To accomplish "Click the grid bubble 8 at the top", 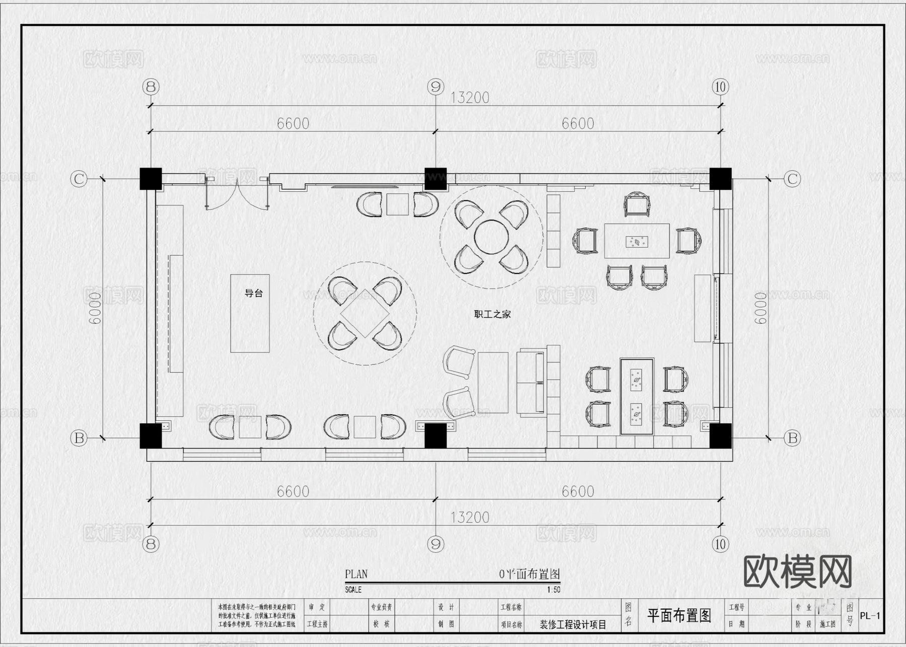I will coord(150,87).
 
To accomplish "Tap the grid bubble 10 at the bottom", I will coord(720,544).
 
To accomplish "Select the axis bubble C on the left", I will coord(79,179).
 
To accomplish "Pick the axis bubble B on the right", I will coord(792,438).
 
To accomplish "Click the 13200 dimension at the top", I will coord(469,98).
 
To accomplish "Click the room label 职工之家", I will coord(492,314).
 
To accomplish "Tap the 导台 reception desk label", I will coord(253,293).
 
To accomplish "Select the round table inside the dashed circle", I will coord(492,237).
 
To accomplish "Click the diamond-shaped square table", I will coord(365,313).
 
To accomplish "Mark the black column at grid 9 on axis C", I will coord(435,178).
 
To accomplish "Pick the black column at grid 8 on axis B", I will coord(150,436).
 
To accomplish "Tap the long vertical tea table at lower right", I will coord(637,396).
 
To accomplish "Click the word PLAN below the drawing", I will coord(356,574).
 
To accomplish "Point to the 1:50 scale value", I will coord(553,590).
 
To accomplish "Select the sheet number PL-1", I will coord(870,615).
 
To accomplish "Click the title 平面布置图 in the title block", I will coord(679,615).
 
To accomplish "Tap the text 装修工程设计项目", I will coord(573,624).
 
